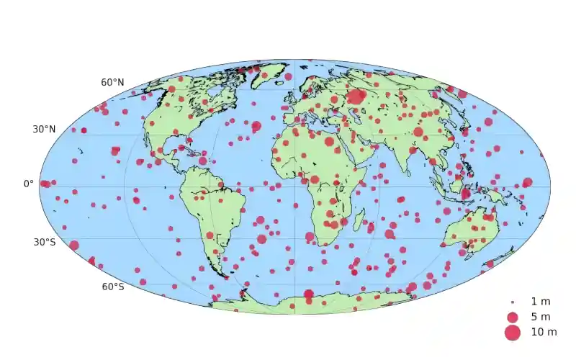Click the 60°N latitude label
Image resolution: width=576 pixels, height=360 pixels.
112,83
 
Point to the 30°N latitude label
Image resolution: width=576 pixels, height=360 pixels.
44,130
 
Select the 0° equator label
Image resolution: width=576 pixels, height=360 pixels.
29,184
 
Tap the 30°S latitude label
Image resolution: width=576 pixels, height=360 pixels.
44,242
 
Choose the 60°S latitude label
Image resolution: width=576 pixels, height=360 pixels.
112,287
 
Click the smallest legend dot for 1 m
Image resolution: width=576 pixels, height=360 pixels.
512,302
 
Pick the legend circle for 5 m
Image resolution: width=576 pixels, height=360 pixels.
512,317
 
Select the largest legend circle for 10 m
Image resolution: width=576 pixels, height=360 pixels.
512,333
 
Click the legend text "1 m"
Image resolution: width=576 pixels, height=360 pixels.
540,301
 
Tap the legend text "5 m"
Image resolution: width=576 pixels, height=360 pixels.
540,317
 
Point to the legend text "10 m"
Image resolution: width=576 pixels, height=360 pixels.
543,333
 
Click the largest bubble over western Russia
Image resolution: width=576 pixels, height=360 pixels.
356,96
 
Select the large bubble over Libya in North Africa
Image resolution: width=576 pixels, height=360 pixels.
329,142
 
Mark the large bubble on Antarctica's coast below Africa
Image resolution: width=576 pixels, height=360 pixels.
308,294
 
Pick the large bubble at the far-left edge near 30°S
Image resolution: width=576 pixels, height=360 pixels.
73,246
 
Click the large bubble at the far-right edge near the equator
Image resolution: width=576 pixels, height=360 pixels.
527,182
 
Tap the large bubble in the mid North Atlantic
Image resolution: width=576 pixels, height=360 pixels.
256,126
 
